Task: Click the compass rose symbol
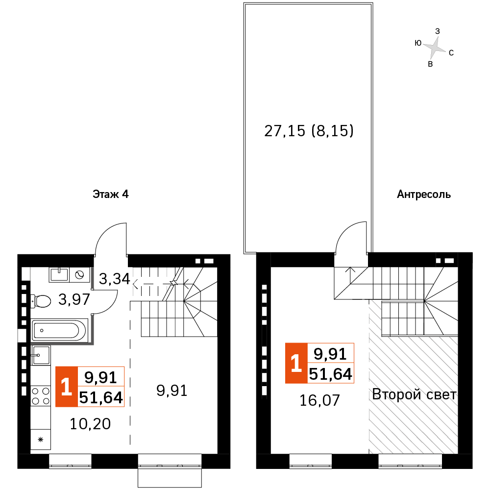pos(434,48)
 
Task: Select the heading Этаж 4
pos(110,195)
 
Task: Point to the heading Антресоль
pos(424,195)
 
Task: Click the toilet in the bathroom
pos(40,300)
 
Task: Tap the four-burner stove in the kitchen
pos(41,395)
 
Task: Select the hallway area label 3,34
pos(114,279)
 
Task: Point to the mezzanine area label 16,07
pos(319,400)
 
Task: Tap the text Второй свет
pos(414,394)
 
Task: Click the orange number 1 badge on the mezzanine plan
pos(296,364)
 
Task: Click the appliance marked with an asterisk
pos(41,440)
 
